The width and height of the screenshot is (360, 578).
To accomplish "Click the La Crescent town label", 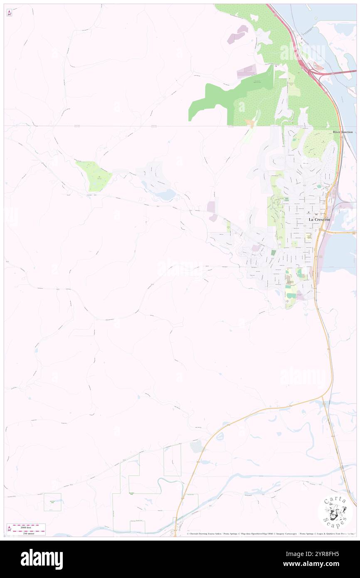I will coord(319,219).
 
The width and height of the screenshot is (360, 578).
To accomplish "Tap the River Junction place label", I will coord(343,132).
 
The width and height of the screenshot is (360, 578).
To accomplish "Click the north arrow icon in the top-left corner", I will coord(9,13).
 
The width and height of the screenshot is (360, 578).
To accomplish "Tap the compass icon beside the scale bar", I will coord(9,529).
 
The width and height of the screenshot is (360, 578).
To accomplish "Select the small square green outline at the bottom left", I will coord(52,502).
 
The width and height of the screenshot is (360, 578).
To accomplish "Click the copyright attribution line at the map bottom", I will coord(270,534).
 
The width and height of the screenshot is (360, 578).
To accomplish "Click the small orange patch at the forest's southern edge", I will coord(250,123).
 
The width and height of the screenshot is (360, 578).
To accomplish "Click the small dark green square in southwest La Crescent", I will coord(273,252).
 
